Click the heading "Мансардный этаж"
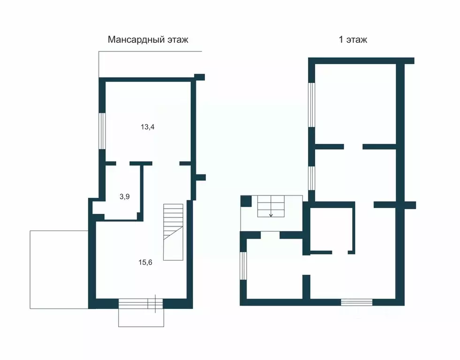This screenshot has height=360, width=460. (x=148, y=39)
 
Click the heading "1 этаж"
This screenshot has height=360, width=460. (x=353, y=39)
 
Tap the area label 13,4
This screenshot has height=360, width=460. (x=148, y=127)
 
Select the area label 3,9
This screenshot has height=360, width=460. (x=125, y=196)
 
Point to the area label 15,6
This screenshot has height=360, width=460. (x=145, y=262)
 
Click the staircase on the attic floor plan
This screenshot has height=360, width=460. (x=173, y=232)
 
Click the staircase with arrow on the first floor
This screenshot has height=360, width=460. (x=271, y=206)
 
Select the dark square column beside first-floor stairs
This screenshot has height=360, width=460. (x=246, y=201)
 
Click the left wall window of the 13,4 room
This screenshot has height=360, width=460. (x=102, y=131)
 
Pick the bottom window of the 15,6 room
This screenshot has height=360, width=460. (x=141, y=304)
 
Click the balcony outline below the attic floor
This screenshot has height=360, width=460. (x=141, y=318)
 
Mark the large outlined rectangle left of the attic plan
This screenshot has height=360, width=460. (x=59, y=270)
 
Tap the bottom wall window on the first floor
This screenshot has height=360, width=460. (x=356, y=302)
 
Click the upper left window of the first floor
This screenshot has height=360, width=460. (x=311, y=105)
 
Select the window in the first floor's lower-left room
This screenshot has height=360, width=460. (x=243, y=266)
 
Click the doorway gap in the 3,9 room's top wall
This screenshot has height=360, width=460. (x=123, y=163)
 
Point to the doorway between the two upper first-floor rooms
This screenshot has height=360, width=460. (x=353, y=147)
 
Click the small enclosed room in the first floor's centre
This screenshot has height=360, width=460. (x=332, y=229)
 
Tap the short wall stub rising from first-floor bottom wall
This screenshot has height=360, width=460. (x=306, y=287)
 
